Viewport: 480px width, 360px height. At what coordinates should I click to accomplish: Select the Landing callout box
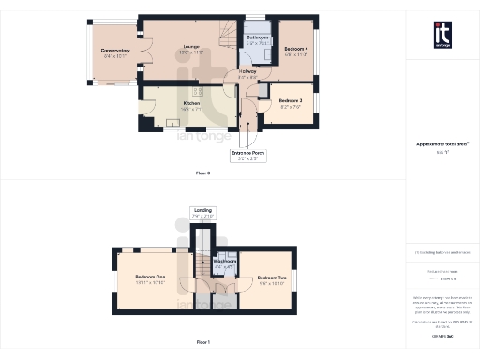pyautogui.click(x=202, y=213)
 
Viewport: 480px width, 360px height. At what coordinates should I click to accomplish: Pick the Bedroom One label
pyautogui.click(x=150, y=277)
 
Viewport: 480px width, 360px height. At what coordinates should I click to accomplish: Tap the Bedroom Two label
pyautogui.click(x=272, y=277)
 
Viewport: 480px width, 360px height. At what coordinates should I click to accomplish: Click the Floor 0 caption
pyautogui.click(x=202, y=173)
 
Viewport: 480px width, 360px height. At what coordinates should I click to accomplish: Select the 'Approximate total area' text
pyautogui.click(x=442, y=143)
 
